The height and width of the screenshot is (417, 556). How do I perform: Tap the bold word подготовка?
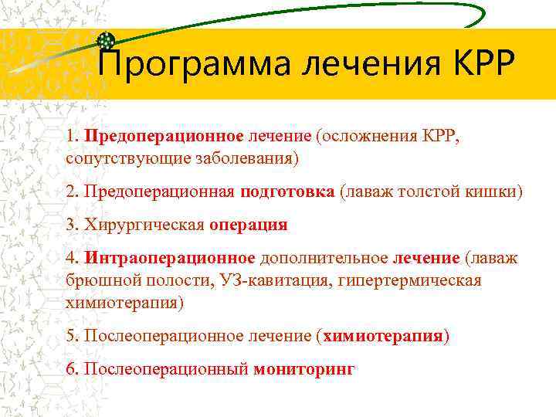(286, 191)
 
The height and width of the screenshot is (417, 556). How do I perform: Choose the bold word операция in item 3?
(248, 225)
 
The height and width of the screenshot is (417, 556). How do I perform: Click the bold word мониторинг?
(304, 369)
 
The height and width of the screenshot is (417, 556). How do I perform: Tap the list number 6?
(72, 369)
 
